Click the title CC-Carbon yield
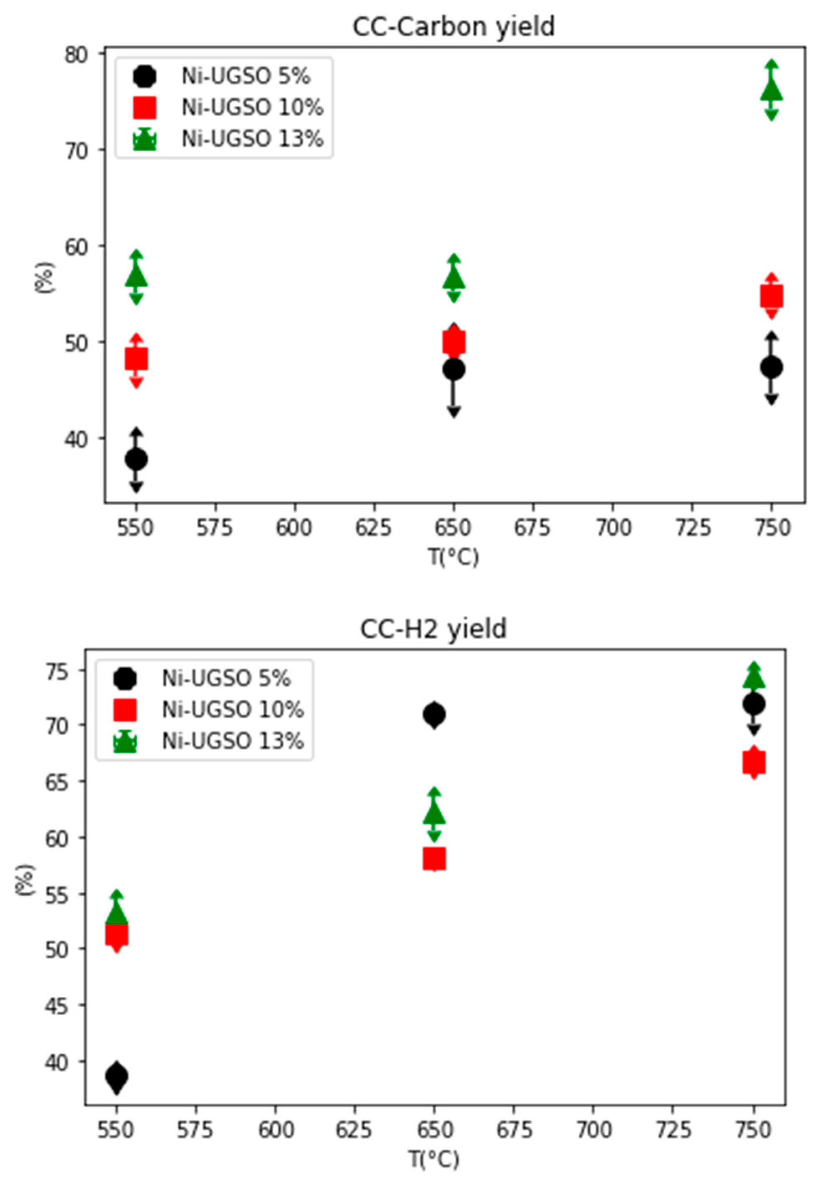coord(453,27)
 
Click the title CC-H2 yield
coord(433,629)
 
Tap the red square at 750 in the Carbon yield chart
coord(771,296)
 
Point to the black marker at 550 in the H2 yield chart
coord(117,1075)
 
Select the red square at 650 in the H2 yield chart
coord(434,858)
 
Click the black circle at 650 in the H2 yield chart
coord(434,714)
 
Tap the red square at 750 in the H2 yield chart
coord(753,762)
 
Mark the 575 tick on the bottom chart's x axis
coord(196,1129)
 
